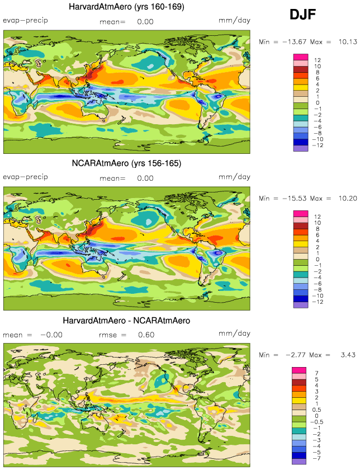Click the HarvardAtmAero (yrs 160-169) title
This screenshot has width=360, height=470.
pos(127,7)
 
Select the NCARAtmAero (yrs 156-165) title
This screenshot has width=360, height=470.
pos(126,163)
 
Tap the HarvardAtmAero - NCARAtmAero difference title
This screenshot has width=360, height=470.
pos(127,321)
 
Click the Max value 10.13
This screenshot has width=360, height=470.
pos(343,41)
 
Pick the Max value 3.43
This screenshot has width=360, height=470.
pos(343,355)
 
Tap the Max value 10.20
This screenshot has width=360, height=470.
pos(343,198)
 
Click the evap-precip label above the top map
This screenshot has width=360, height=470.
pos(25,21)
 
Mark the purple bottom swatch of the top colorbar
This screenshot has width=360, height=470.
pos(301,148)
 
